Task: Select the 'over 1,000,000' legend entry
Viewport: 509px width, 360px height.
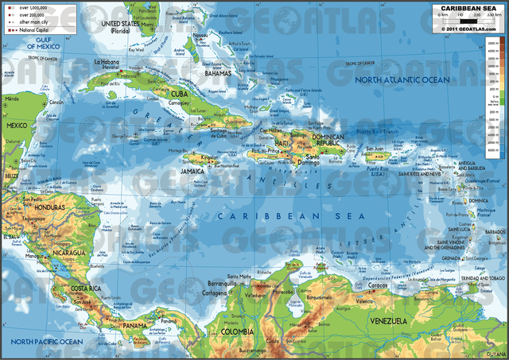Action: [x=29, y=7]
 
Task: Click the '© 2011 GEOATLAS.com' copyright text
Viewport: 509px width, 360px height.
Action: [x=468, y=29]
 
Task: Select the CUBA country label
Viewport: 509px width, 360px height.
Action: [x=181, y=94]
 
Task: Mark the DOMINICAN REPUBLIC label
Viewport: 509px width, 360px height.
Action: [x=327, y=140]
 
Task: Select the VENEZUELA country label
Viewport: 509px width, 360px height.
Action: [x=393, y=320]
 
